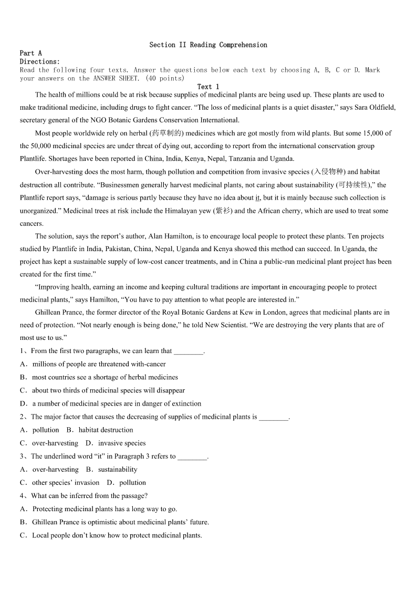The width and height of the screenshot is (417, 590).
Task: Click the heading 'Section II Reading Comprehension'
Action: coord(208,45)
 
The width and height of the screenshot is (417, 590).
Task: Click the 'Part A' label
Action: coord(30,53)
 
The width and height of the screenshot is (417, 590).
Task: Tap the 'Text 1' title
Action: coord(208,87)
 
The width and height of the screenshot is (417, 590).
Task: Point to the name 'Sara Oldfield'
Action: coord(375,108)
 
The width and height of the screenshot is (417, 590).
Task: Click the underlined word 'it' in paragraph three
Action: coord(257,198)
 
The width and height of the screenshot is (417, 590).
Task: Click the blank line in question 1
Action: coord(188,351)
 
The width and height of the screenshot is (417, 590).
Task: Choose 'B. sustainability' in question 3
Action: coord(111,469)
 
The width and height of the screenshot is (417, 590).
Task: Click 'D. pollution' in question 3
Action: coord(126,482)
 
